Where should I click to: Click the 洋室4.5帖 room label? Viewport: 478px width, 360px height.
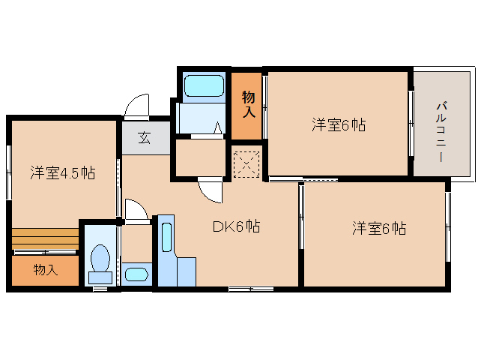(62, 172)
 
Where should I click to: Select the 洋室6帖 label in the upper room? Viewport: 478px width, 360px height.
(338, 125)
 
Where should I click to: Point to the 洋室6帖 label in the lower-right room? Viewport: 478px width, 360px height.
(379, 228)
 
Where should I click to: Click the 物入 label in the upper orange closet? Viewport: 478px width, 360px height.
(248, 104)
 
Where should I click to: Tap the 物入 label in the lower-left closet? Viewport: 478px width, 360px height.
(45, 270)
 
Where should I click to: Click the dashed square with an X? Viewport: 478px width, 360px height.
(245, 164)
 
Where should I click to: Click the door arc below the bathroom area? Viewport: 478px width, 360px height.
(211, 191)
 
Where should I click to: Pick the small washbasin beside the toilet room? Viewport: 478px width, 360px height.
(136, 274)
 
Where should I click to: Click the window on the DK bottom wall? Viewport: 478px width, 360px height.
(250, 288)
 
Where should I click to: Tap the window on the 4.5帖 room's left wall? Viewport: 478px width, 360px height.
(9, 172)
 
